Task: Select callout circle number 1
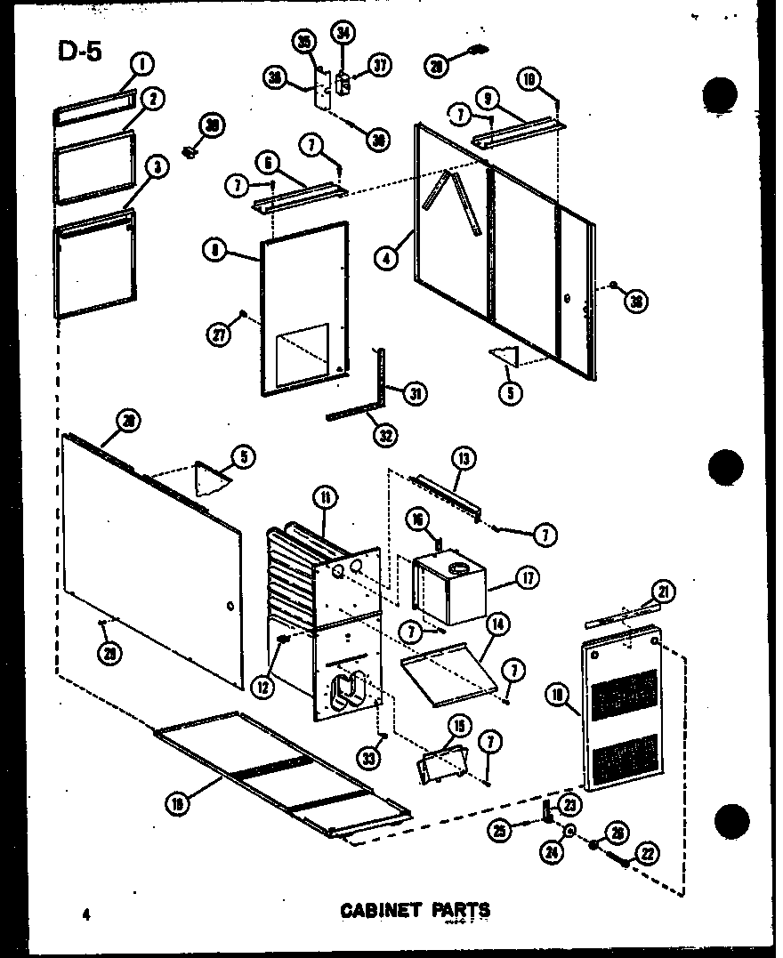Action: pyautogui.click(x=141, y=64)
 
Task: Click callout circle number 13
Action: pyautogui.click(x=464, y=459)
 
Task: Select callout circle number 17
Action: pyautogui.click(x=527, y=577)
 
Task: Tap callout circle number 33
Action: pyautogui.click(x=368, y=758)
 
